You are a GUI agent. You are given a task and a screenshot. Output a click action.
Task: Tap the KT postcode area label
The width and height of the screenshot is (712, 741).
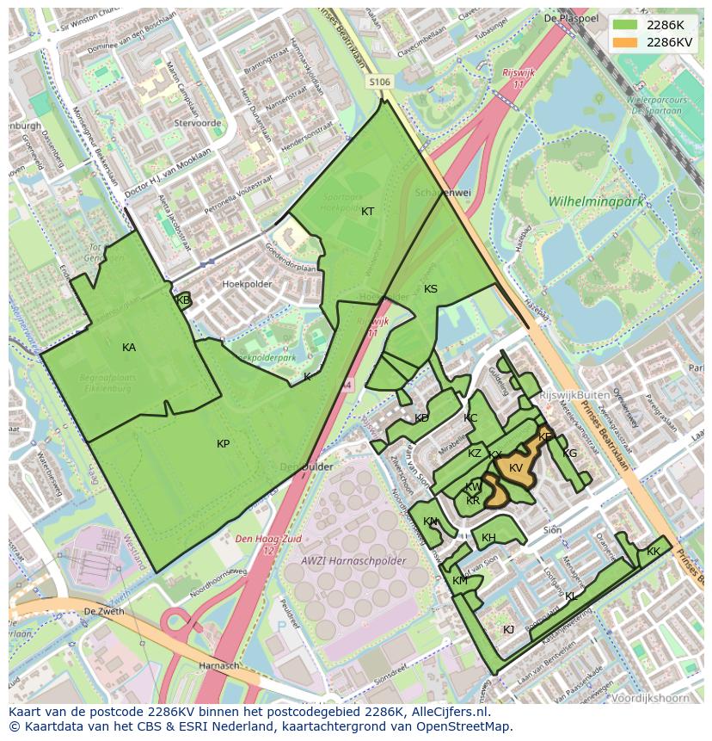[x=367, y=212]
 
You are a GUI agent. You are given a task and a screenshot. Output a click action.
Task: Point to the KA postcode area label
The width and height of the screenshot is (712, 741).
[x=129, y=348]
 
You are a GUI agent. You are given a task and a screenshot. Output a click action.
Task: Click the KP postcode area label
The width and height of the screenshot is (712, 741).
[x=223, y=444]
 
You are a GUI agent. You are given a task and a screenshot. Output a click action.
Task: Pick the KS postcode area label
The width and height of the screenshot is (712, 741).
[x=431, y=289]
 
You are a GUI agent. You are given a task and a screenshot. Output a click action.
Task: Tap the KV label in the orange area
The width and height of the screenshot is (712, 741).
[x=516, y=468]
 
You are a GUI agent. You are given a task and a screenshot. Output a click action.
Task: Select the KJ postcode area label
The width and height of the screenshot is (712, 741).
[x=508, y=629]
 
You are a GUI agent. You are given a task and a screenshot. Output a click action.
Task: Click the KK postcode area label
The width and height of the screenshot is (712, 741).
[x=654, y=552]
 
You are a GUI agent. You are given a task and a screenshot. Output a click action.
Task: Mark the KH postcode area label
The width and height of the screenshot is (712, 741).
[x=488, y=538]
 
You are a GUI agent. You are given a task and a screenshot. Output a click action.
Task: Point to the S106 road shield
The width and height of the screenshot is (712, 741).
[x=380, y=82]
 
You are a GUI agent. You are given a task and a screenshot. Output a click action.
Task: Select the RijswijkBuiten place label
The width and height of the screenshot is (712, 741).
[x=575, y=395]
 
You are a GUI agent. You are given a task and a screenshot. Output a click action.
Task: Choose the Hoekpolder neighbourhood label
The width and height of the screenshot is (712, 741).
[x=247, y=283]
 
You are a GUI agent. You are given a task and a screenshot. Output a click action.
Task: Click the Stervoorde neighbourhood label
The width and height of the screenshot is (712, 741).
[x=198, y=123]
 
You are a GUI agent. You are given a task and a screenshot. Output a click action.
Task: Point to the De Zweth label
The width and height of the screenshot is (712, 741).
[x=103, y=611]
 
